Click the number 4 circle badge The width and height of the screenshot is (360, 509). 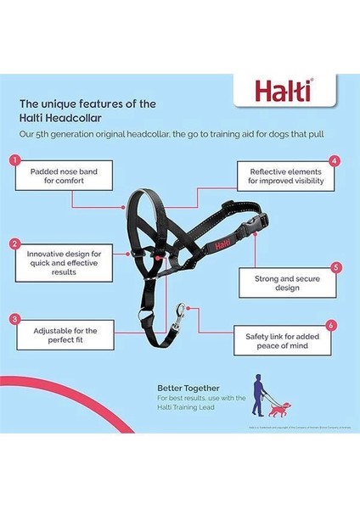pyautogui.click(x=335, y=159)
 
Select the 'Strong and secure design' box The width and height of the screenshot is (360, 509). pyautogui.click(x=288, y=282)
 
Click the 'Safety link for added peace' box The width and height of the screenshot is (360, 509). pyautogui.click(x=287, y=343)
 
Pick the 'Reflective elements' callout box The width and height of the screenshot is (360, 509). pyautogui.click(x=284, y=175)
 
